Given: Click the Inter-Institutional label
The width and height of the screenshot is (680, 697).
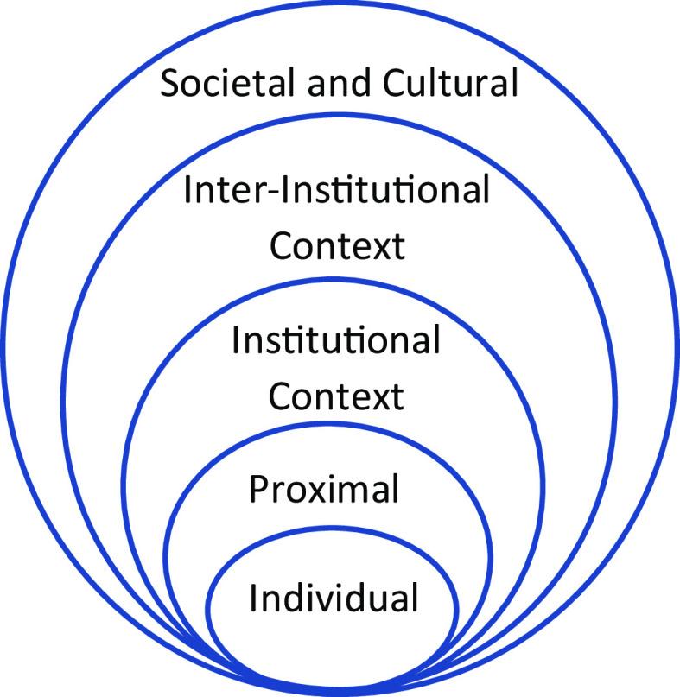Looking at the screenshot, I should click(336, 189).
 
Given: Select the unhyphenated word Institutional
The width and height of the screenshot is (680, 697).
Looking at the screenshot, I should click(336, 340).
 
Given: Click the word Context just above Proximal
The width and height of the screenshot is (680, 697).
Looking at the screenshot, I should click(336, 396).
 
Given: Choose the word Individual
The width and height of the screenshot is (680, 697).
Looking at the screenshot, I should click(334, 598).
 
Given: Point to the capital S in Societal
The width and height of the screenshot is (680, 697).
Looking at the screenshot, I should click(172, 85).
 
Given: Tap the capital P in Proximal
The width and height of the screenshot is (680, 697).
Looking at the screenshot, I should click(259, 490).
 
